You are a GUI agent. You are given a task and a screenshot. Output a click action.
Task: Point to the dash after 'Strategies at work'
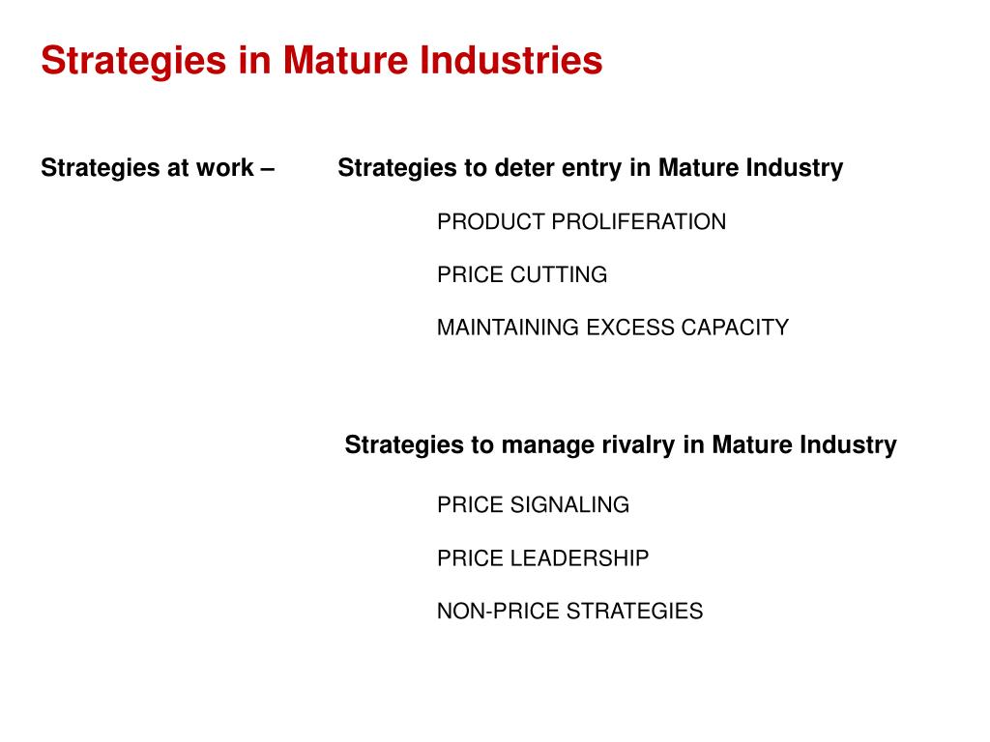[267, 168]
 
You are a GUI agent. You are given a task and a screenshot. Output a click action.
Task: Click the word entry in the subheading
[592, 168]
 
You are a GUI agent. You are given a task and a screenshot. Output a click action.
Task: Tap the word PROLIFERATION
[639, 222]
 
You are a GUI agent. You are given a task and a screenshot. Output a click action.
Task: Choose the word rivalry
[644, 445]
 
